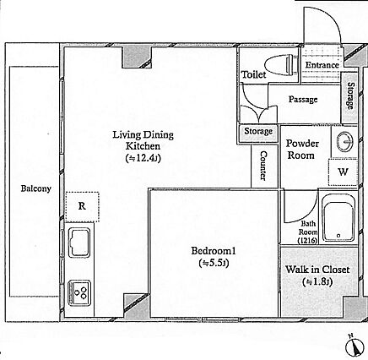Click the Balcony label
point(36,188)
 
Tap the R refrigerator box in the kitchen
point(82,206)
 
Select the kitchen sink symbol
point(79,243)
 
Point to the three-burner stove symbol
point(79,293)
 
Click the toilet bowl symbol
point(281,65)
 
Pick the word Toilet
point(254,74)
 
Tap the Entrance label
point(322,65)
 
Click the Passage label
point(303,100)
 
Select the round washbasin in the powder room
point(345,141)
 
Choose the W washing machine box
point(343,172)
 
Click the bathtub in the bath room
point(338,218)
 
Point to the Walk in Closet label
point(317,270)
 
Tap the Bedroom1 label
point(214,251)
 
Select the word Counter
point(263,166)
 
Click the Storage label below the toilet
point(258,131)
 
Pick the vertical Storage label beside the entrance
point(350,95)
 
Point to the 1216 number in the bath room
point(308,241)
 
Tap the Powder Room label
point(302,150)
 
